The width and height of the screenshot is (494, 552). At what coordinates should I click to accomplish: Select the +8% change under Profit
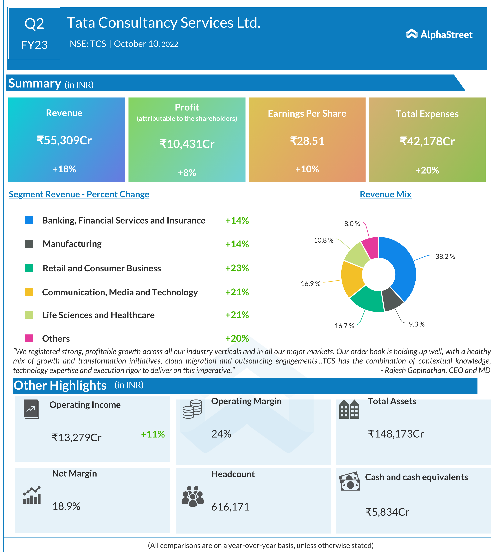coord(187,173)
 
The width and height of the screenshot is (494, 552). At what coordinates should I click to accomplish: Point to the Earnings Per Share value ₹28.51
coord(307,141)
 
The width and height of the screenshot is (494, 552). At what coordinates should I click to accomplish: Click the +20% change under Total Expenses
coord(427,170)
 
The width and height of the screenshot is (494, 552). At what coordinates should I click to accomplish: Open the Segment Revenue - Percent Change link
coord(79,194)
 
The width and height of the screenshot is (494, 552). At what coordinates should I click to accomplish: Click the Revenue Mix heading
coord(385,194)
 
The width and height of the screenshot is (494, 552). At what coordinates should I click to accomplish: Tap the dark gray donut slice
coord(392,298)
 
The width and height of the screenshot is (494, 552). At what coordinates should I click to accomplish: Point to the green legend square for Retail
coord(29,268)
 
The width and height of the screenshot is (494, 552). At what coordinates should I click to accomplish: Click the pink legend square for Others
coord(29,338)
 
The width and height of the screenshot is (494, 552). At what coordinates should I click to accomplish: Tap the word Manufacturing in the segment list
coord(72,244)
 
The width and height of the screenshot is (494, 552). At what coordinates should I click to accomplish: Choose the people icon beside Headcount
coord(192,496)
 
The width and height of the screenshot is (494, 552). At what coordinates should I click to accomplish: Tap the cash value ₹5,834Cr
coord(387,512)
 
